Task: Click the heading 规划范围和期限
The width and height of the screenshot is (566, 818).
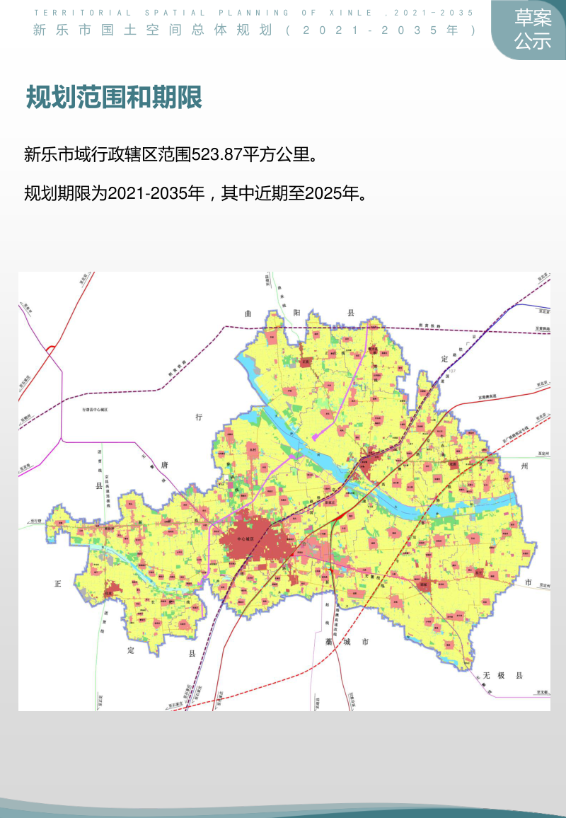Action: tap(114, 98)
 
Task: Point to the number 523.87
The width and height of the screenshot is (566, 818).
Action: tap(217, 154)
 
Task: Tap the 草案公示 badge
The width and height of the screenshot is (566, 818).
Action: tap(533, 30)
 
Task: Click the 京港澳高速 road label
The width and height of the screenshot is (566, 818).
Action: tap(490, 397)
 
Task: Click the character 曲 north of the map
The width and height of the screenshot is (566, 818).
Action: tap(248, 313)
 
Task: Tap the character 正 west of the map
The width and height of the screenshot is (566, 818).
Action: tap(58, 584)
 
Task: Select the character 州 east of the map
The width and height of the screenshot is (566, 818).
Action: tap(524, 466)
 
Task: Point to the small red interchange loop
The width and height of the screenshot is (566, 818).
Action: tap(50, 348)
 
